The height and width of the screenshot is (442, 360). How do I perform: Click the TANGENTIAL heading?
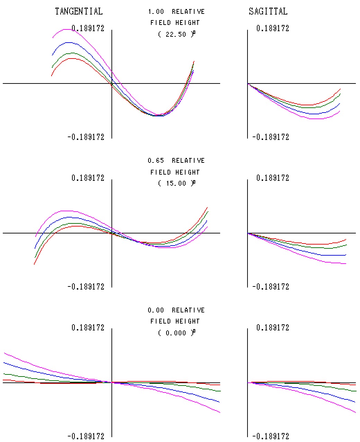tap(79, 11)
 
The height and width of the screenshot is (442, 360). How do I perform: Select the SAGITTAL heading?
tap(268, 11)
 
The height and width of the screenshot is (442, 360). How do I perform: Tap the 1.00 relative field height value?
tap(156, 12)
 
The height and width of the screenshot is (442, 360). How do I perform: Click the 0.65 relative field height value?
tap(156, 161)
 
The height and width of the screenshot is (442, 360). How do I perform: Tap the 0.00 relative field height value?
tap(156, 310)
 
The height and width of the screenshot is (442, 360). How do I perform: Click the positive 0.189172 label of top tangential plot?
tap(88, 28)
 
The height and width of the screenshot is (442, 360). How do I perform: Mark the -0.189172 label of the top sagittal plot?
tap(271, 137)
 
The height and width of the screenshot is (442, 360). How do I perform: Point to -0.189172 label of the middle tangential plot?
tap(86, 287)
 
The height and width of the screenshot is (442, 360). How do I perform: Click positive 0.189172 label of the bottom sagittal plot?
tap(273, 328)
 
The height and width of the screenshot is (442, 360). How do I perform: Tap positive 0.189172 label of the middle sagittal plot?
tap(273, 178)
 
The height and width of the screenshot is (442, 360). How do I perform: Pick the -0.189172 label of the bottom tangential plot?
tap(86, 436)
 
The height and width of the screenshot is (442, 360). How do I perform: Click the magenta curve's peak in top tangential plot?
tap(68, 29)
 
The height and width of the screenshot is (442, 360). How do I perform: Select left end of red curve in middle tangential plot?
tap(34, 264)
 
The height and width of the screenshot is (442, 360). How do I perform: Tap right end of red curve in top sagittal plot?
tap(341, 89)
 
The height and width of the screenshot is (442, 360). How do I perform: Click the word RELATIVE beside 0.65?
tap(188, 161)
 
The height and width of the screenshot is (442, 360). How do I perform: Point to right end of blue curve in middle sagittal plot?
tap(346, 255)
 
